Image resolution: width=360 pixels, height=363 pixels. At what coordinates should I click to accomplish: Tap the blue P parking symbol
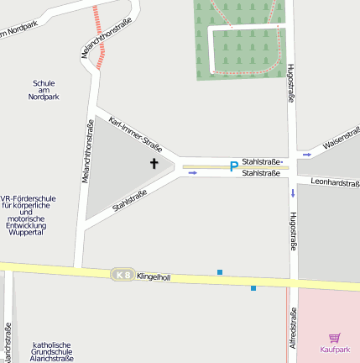[x=233, y=167]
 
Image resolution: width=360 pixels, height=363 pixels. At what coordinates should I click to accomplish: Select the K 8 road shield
[x=123, y=275]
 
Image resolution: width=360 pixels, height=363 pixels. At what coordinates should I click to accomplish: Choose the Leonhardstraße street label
[x=334, y=182]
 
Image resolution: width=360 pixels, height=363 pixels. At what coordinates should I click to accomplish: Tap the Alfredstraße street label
[x=293, y=329]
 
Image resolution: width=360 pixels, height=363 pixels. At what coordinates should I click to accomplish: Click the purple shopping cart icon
[x=335, y=337]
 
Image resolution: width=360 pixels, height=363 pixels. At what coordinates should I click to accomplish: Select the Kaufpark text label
[x=334, y=350]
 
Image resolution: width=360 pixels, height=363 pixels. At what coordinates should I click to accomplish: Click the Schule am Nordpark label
[x=44, y=90]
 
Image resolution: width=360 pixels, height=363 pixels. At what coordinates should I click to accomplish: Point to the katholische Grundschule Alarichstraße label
[x=52, y=351]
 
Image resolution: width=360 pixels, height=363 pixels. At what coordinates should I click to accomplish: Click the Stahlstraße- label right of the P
[x=263, y=160]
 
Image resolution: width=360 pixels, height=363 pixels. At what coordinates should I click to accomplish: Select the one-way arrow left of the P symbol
[x=193, y=173]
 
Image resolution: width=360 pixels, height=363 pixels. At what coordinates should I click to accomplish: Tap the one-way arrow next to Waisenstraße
[x=307, y=155]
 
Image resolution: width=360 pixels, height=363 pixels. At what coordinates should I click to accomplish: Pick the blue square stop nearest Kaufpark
[x=253, y=288]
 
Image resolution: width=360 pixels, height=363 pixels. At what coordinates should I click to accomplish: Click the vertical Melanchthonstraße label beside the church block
[x=89, y=151]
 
